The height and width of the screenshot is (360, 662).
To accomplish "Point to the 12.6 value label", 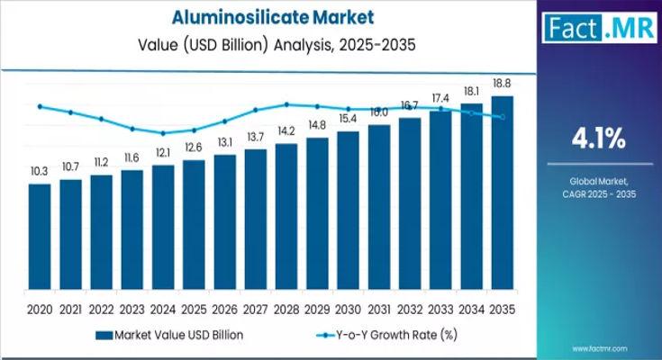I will (x=194, y=148).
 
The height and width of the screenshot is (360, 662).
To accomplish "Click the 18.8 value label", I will (x=503, y=83).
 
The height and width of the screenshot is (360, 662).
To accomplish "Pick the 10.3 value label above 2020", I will (x=40, y=171).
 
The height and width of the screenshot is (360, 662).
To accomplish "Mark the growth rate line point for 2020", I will (x=40, y=106).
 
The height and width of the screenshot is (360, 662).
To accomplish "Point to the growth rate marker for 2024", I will (x=163, y=133).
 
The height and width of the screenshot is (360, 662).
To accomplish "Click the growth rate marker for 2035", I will (x=503, y=117).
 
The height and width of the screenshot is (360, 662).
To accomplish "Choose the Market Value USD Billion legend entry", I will (x=168, y=334).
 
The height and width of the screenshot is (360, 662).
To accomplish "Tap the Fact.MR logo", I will (x=598, y=27).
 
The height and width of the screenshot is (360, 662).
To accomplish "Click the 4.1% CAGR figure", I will (x=599, y=138).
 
